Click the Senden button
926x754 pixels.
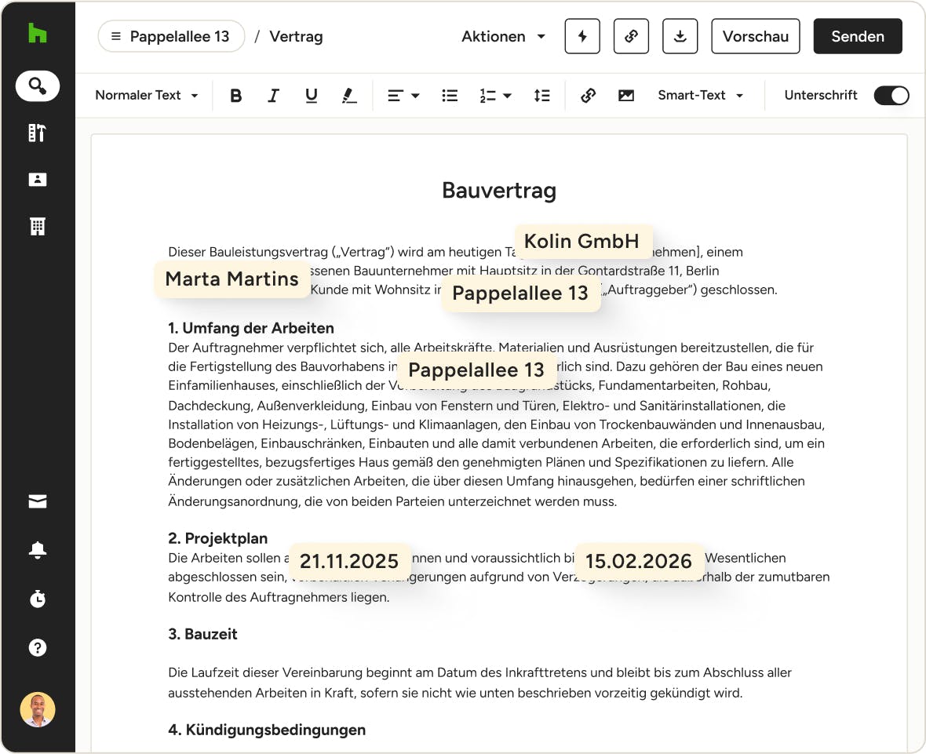point(857,37)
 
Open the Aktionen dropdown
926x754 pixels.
point(503,37)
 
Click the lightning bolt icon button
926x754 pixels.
point(581,37)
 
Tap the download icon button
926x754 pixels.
point(680,37)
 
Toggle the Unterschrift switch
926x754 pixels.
point(891,96)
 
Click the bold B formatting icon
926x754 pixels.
point(235,96)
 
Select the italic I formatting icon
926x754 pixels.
point(273,96)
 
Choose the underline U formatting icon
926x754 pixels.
point(312,96)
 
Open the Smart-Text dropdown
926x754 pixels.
point(700,96)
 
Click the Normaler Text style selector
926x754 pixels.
point(146,96)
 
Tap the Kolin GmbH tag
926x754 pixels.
point(581,242)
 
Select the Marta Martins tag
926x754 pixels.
point(231,279)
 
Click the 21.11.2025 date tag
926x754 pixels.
point(349,562)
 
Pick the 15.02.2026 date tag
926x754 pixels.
point(638,562)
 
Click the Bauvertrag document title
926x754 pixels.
point(499,191)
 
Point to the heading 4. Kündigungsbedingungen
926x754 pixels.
point(267,730)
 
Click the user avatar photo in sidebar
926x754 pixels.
point(38,709)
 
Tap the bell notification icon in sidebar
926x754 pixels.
point(38,551)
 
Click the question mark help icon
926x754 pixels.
point(38,647)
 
